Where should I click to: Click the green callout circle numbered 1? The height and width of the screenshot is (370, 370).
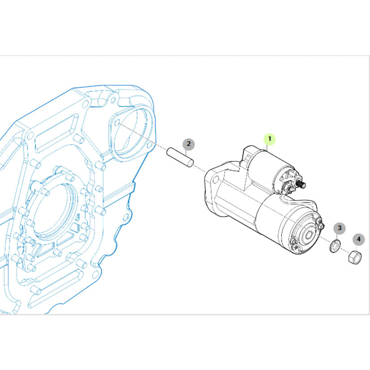pyautogui.click(x=270, y=139)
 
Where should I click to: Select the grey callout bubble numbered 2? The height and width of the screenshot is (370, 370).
pyautogui.click(x=188, y=144)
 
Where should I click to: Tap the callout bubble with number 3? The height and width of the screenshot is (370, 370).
pyautogui.click(x=340, y=228)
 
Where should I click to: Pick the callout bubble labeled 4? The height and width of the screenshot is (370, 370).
pyautogui.click(x=358, y=239)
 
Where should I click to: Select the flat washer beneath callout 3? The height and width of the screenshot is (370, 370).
pyautogui.click(x=335, y=246)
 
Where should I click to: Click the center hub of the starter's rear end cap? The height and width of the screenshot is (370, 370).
pyautogui.click(x=309, y=235)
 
